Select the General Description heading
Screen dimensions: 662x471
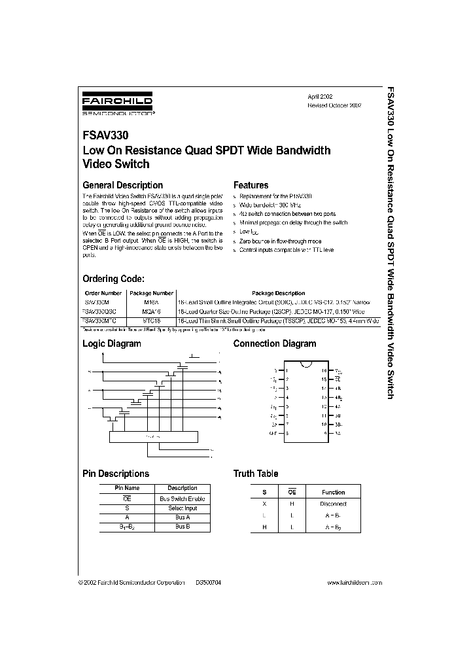[x=122, y=185]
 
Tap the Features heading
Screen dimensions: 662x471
[x=251, y=185]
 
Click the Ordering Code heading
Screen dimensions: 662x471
[x=118, y=279]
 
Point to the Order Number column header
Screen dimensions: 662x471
[x=103, y=293]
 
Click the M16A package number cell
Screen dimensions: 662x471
[x=151, y=302]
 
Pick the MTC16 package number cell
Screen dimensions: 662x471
[x=151, y=321]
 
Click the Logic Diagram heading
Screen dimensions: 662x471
[x=111, y=343]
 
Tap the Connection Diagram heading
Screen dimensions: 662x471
[x=274, y=343]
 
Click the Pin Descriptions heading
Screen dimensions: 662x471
[x=115, y=474]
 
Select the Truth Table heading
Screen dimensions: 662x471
[x=255, y=474]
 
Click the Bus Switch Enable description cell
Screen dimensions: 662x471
[x=182, y=498]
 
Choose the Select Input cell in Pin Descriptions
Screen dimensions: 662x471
[x=182, y=508]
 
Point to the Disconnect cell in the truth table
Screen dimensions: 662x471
[x=333, y=504]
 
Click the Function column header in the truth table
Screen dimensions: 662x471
[x=333, y=492]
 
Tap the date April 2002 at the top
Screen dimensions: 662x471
[x=321, y=96]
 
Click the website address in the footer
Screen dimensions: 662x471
[x=354, y=582]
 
